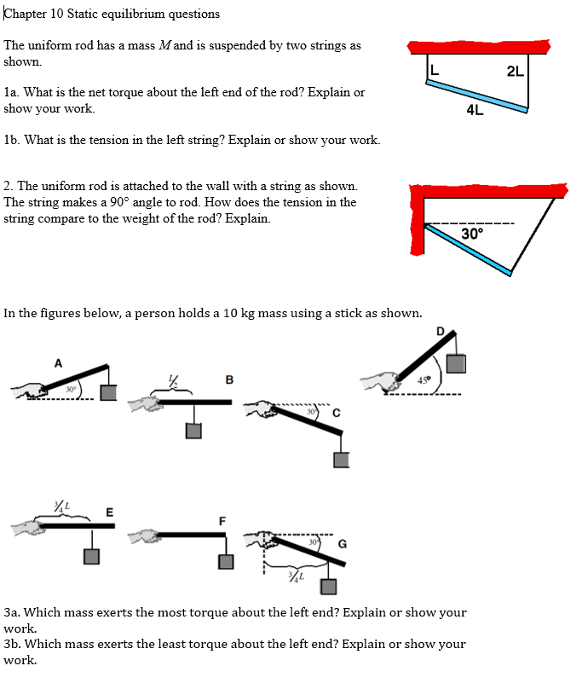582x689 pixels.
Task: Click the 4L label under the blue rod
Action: click(x=475, y=109)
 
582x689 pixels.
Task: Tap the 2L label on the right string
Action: click(x=516, y=71)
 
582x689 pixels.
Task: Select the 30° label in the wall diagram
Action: click(x=471, y=234)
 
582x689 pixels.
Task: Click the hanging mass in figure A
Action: click(x=108, y=392)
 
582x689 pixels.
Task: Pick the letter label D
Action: click(x=440, y=331)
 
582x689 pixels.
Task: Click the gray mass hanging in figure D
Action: click(x=457, y=363)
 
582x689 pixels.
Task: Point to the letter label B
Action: click(x=228, y=379)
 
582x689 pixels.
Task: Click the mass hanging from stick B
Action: click(x=193, y=431)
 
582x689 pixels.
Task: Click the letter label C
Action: click(x=337, y=414)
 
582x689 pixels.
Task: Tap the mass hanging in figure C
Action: click(x=342, y=460)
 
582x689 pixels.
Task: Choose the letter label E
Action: click(x=109, y=511)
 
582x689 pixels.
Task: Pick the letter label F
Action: click(x=223, y=520)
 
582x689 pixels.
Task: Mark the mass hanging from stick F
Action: click(x=225, y=562)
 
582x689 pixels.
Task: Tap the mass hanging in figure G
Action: click(x=328, y=587)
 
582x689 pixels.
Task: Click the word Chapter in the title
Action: click(x=26, y=14)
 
